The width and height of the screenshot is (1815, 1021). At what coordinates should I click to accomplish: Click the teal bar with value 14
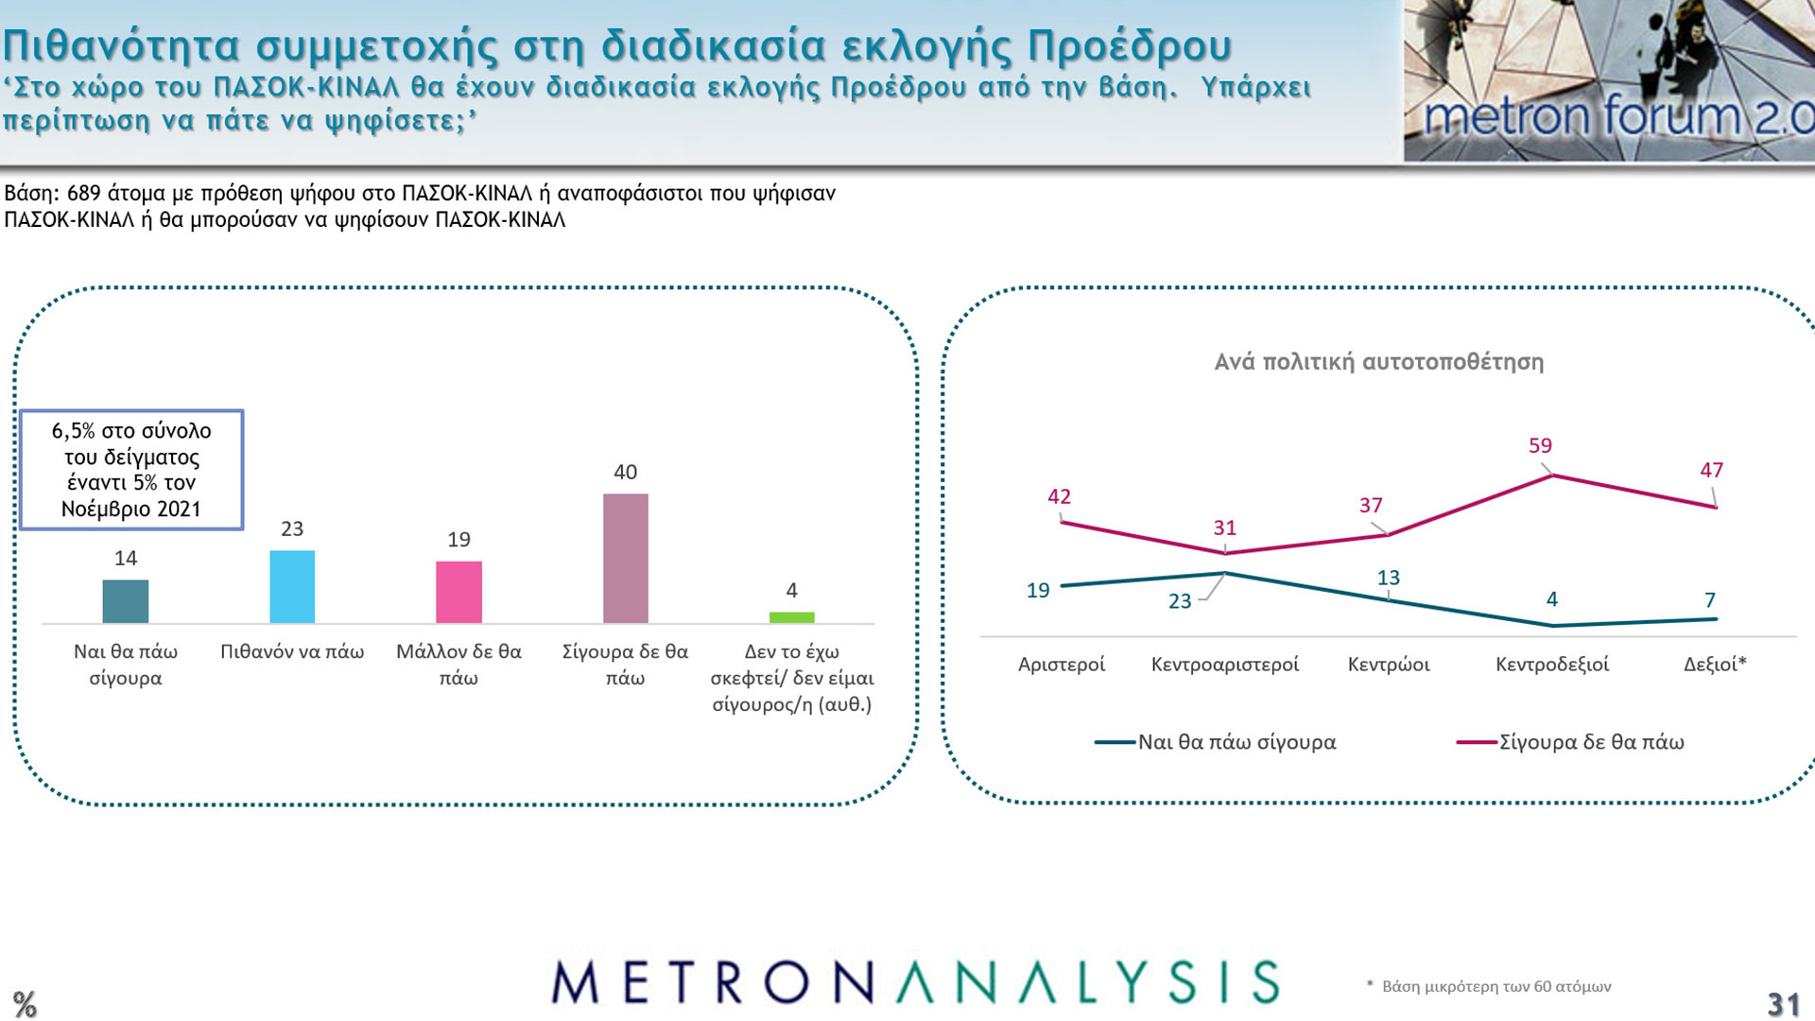[126, 601]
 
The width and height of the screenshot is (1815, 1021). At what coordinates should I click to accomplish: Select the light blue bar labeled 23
[292, 587]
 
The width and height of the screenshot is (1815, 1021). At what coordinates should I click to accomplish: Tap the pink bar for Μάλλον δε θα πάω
[458, 592]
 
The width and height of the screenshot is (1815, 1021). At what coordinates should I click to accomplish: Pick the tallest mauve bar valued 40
[626, 558]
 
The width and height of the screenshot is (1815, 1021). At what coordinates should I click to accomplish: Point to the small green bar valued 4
[792, 617]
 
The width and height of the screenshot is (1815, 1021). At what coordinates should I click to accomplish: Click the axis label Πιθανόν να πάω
[292, 651]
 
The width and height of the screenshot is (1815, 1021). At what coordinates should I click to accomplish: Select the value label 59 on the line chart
[1540, 445]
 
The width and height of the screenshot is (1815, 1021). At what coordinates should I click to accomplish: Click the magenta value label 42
[1059, 496]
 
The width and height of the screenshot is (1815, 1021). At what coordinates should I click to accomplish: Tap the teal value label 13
[1388, 578]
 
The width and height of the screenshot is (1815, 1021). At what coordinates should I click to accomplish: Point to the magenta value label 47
[1711, 470]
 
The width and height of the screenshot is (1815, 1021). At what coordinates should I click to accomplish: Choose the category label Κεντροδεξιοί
[1551, 665]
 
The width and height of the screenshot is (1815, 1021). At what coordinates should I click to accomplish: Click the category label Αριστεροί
[1061, 665]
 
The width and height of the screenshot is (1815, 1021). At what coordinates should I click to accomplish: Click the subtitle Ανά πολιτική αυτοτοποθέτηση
[1378, 362]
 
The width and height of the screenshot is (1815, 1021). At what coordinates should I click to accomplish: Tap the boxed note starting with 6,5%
[131, 470]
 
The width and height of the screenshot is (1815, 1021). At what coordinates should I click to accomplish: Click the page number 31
[1783, 1004]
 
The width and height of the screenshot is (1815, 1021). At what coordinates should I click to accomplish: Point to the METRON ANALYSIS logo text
[915, 982]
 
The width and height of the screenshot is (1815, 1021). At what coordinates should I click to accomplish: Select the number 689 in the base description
[84, 194]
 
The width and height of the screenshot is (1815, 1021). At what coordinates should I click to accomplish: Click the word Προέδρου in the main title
[1130, 45]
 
